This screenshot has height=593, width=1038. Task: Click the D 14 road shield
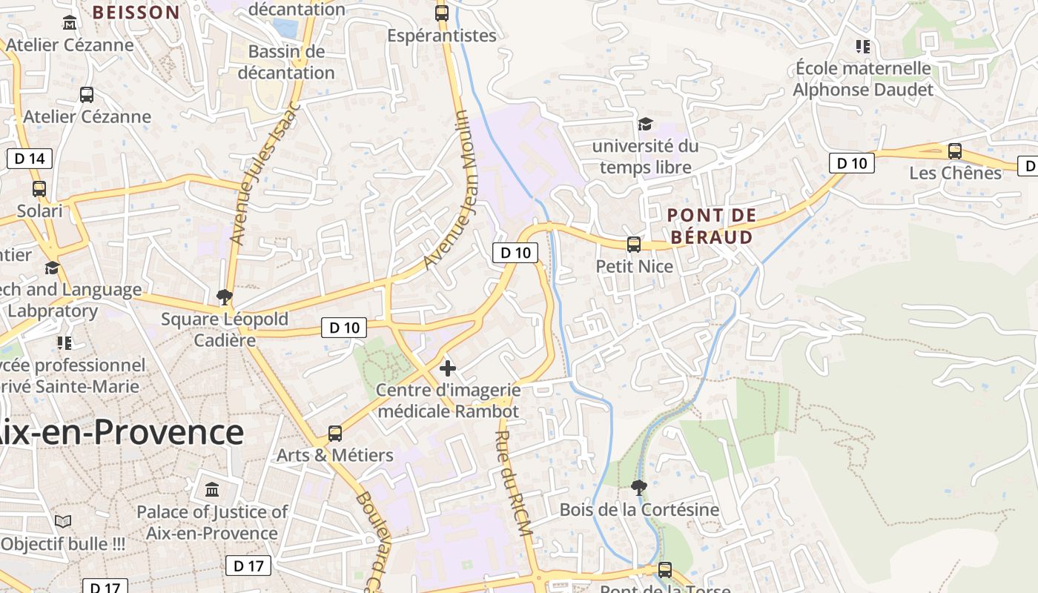coord(30,158)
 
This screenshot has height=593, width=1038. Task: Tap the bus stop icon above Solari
coord(39,189)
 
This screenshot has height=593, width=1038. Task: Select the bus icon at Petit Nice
coord(634,245)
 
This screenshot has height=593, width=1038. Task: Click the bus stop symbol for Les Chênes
coord(955,151)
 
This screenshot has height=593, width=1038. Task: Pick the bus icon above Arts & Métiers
coord(335,434)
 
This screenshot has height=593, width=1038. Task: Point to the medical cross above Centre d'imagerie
coord(448,368)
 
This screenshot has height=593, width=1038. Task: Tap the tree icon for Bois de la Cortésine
coord(638,487)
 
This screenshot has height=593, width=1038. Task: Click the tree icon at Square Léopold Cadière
coord(224,298)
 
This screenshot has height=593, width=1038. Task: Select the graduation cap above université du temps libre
coord(645,124)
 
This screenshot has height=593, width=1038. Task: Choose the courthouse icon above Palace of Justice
coord(212,490)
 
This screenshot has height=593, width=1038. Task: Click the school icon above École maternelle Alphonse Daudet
coord(862,47)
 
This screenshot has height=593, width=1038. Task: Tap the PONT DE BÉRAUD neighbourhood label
coord(711,226)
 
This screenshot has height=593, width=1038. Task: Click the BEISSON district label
coord(136,12)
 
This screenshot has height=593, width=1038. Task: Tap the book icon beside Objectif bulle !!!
coord(63,521)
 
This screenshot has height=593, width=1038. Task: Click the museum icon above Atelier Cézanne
coord(70,23)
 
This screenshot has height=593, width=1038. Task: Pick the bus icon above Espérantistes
coord(442,13)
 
